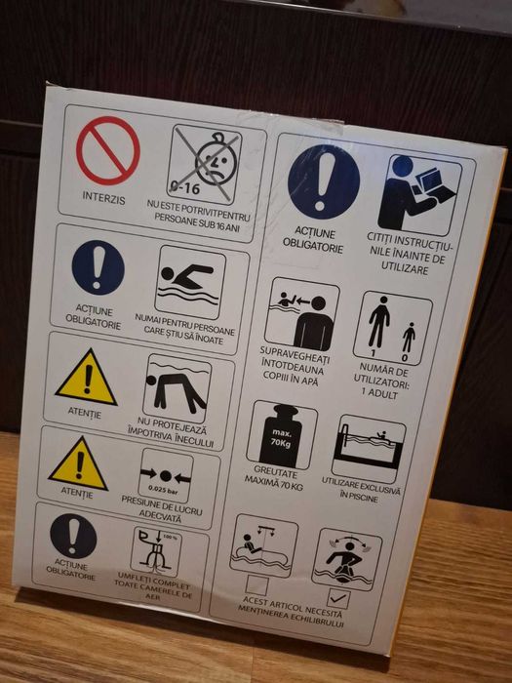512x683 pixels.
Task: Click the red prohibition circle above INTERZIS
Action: pyautogui.click(x=107, y=150)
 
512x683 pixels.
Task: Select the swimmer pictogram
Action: pyautogui.click(x=189, y=282)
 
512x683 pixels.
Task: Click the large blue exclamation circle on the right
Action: pyautogui.click(x=324, y=181)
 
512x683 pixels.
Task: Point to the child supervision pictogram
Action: pyautogui.click(x=301, y=314)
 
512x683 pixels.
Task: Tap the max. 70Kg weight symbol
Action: pyautogui.click(x=282, y=434)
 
